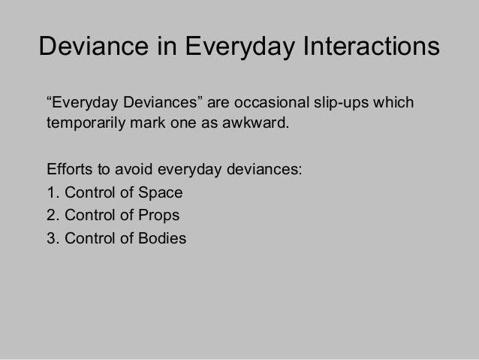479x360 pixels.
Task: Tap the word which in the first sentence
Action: point(393,102)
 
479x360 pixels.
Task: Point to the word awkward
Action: point(252,122)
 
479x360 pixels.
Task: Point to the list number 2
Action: point(51,216)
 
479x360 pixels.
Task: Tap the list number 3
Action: point(51,240)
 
